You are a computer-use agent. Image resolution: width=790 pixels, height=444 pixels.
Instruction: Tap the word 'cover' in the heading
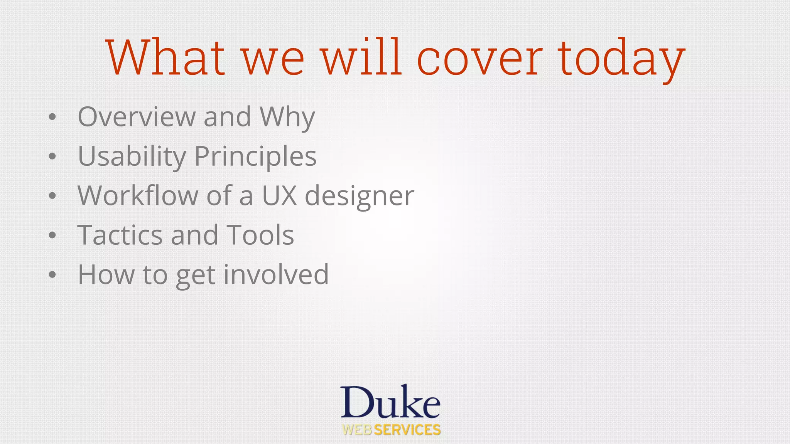(479, 58)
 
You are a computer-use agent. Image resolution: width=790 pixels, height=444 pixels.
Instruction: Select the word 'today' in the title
(621, 60)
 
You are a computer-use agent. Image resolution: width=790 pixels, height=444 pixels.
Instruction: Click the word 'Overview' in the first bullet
(137, 116)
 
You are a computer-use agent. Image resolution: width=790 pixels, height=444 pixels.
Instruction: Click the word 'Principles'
(255, 157)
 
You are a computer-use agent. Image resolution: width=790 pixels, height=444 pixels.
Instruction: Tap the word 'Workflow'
(138, 195)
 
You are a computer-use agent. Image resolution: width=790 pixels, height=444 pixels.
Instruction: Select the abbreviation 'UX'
(279, 195)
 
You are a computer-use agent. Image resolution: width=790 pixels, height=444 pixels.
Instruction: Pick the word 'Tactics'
(120, 235)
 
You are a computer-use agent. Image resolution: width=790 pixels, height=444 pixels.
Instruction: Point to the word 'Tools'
(260, 235)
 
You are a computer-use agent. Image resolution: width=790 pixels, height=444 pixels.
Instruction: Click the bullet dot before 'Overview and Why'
(52, 117)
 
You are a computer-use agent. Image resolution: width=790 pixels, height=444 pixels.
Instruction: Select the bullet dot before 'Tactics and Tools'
(52, 235)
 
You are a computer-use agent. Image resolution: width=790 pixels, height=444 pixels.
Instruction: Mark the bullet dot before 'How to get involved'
(52, 275)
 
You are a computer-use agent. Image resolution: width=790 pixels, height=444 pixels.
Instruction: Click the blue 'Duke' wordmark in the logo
(390, 402)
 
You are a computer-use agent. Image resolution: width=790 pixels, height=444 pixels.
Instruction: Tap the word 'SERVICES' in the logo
(407, 430)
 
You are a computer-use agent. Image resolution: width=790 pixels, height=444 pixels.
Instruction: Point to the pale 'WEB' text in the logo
(357, 430)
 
